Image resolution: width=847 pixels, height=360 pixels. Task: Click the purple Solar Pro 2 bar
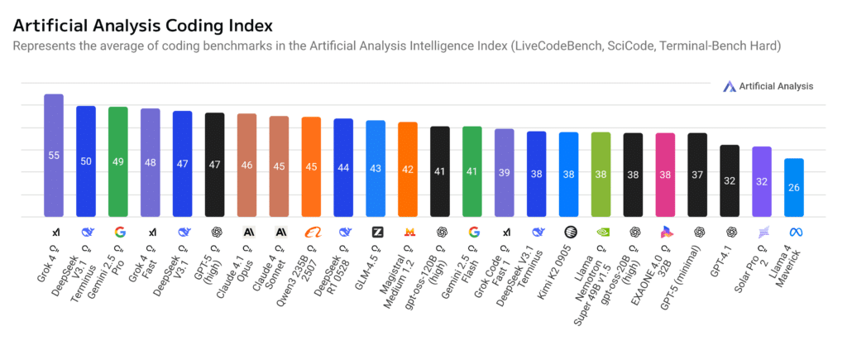pyautogui.click(x=762, y=181)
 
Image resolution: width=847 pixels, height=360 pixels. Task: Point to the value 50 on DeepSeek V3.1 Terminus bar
pyautogui.click(x=86, y=161)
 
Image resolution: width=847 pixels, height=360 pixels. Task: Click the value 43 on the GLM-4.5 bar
pyautogui.click(x=376, y=168)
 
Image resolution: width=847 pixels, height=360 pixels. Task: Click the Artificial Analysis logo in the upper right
pyautogui.click(x=767, y=86)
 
